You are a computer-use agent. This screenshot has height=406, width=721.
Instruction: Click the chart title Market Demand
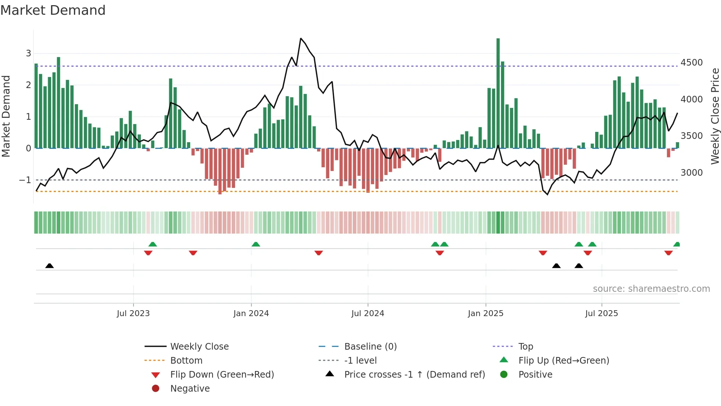click(x=53, y=10)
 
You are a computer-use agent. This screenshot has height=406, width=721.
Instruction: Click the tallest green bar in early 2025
click(x=498, y=92)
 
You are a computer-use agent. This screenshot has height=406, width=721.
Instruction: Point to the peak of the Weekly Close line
click(x=301, y=38)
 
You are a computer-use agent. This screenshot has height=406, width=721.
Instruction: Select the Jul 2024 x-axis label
click(x=367, y=314)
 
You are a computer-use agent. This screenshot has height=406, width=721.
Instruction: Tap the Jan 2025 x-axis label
click(x=486, y=314)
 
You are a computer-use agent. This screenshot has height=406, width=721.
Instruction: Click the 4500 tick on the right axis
click(x=692, y=63)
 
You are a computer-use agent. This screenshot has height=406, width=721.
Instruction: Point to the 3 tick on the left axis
click(x=28, y=53)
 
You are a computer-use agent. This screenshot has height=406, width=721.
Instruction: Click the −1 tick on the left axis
click(x=25, y=180)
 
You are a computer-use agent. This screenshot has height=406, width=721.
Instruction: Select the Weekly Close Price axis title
click(x=715, y=116)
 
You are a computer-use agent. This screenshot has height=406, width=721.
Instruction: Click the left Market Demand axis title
click(x=6, y=116)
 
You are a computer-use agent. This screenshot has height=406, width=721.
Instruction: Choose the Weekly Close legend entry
click(x=199, y=347)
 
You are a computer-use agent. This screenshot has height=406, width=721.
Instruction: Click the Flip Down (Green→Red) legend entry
click(x=222, y=375)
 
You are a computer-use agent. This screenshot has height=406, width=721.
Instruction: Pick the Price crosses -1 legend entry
click(x=414, y=375)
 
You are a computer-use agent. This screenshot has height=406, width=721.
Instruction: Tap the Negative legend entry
click(x=190, y=389)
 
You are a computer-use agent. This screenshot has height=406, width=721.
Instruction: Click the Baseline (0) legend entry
click(x=370, y=347)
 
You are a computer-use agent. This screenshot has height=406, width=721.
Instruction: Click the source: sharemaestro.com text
click(x=651, y=289)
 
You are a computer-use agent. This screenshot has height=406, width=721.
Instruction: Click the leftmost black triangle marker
click(x=49, y=266)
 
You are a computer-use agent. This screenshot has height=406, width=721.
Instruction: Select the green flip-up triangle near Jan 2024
click(x=256, y=244)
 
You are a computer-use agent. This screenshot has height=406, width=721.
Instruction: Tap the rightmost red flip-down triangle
click(x=668, y=253)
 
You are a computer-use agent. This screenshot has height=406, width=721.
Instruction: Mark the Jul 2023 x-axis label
click(x=133, y=314)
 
